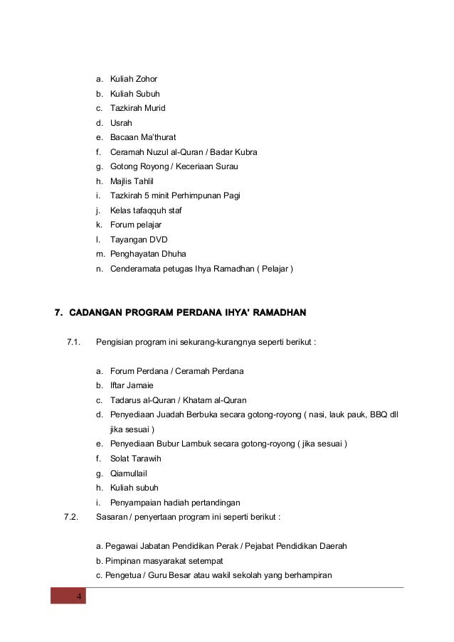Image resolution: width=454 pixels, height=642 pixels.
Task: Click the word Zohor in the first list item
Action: coord(146,78)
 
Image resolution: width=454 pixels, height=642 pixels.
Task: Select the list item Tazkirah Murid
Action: coord(137,108)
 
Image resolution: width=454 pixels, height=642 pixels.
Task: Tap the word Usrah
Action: coord(121,123)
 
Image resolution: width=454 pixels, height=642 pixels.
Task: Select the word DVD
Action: coord(158,240)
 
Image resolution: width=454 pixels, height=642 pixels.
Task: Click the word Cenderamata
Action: coord(137,269)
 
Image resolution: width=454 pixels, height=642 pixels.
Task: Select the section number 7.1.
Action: coord(73,342)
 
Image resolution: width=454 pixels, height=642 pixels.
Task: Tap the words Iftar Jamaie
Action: coord(132,385)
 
